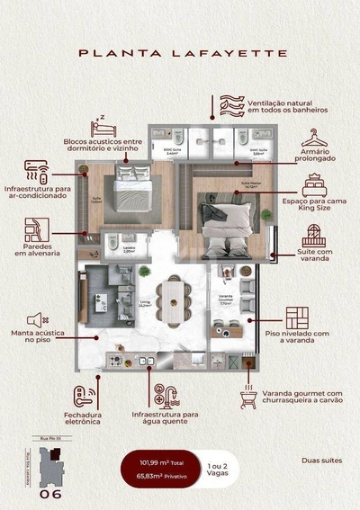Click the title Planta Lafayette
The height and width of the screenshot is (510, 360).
tap(183, 53)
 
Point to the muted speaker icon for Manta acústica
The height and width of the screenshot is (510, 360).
tap(37, 319)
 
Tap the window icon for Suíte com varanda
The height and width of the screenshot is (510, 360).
tap(311, 236)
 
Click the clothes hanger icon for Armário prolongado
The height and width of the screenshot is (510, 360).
tap(312, 138)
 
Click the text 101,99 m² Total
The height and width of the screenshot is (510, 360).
tap(160, 463)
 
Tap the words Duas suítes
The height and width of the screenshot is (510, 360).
tap(323, 461)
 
